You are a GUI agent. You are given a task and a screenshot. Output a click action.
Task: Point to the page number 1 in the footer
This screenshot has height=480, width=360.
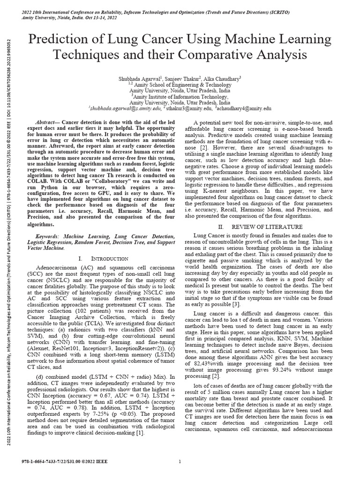(x=180, y=462)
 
